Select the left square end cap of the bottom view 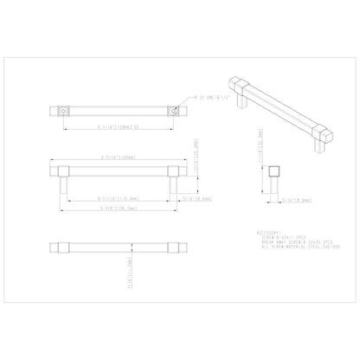click(58, 247)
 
